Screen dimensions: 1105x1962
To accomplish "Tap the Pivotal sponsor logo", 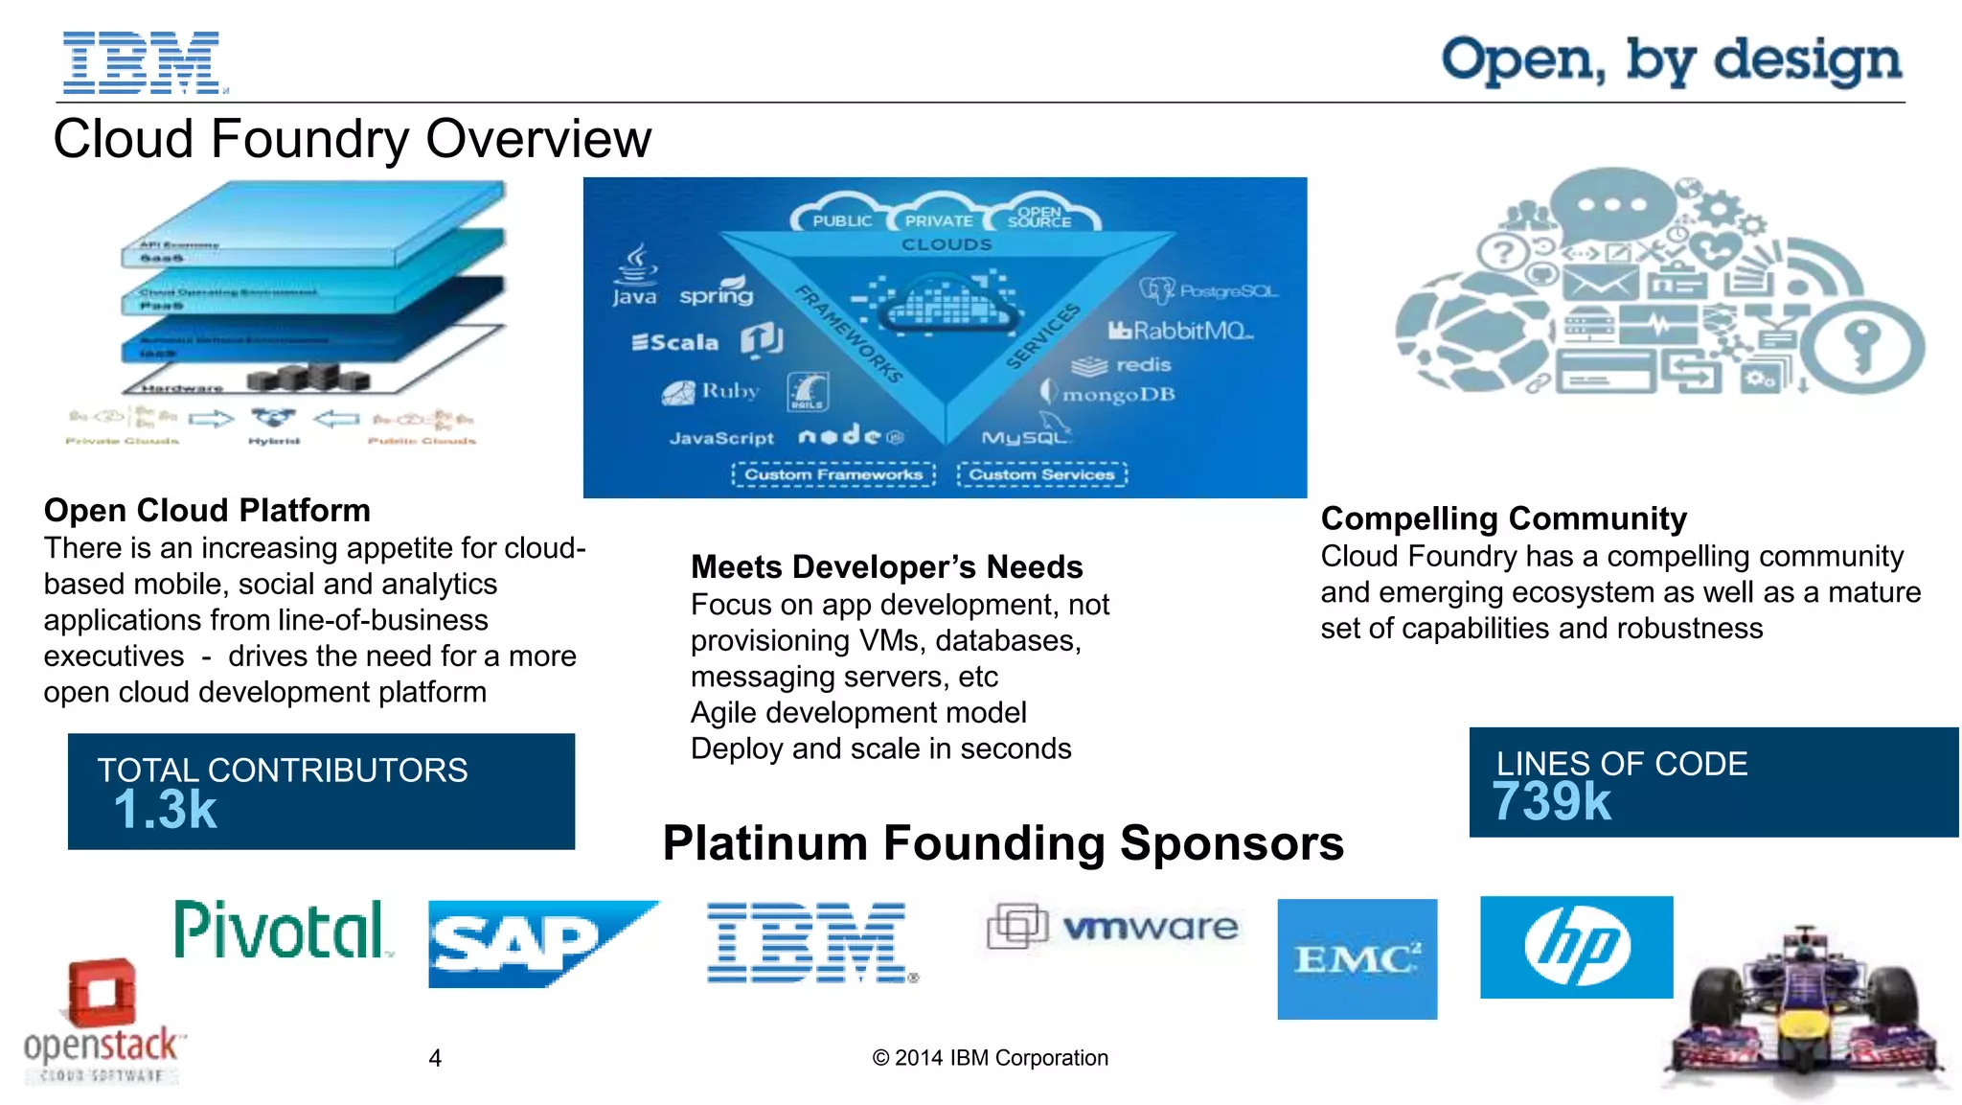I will (x=281, y=930).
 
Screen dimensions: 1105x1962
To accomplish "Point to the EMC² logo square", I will (x=1357, y=958).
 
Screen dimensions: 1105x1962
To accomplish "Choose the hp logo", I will (x=1576, y=947).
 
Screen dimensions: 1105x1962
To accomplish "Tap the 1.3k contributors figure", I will (x=166, y=811).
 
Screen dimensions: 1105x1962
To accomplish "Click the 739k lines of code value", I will (x=1552, y=802).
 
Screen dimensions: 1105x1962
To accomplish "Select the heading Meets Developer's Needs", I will (x=886, y=566).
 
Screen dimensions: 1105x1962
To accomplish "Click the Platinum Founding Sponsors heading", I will (x=1003, y=843).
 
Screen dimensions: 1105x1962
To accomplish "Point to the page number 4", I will (x=435, y=1058).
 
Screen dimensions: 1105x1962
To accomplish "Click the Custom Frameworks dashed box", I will (x=833, y=474).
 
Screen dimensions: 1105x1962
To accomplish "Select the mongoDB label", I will (x=1117, y=394).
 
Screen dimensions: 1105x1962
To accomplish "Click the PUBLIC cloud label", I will (x=841, y=220).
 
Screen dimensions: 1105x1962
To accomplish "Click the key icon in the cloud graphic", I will (x=1862, y=347).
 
